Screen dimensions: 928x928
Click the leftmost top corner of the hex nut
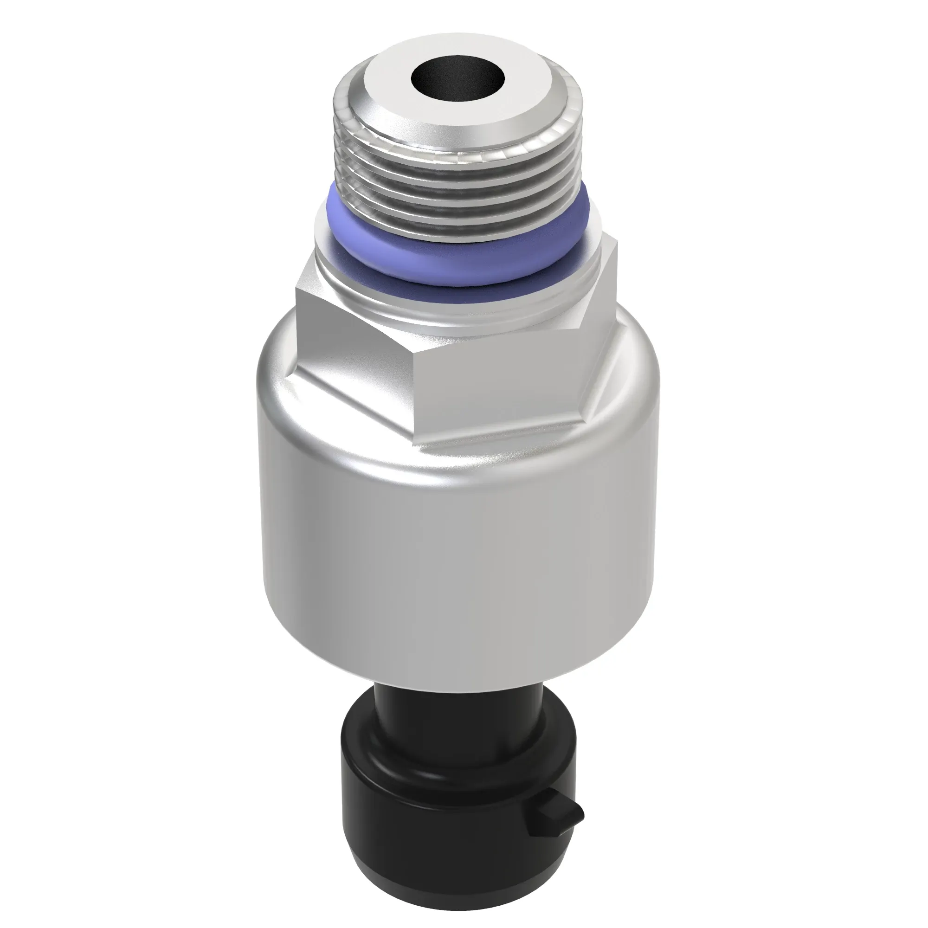pyautogui.click(x=296, y=288)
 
